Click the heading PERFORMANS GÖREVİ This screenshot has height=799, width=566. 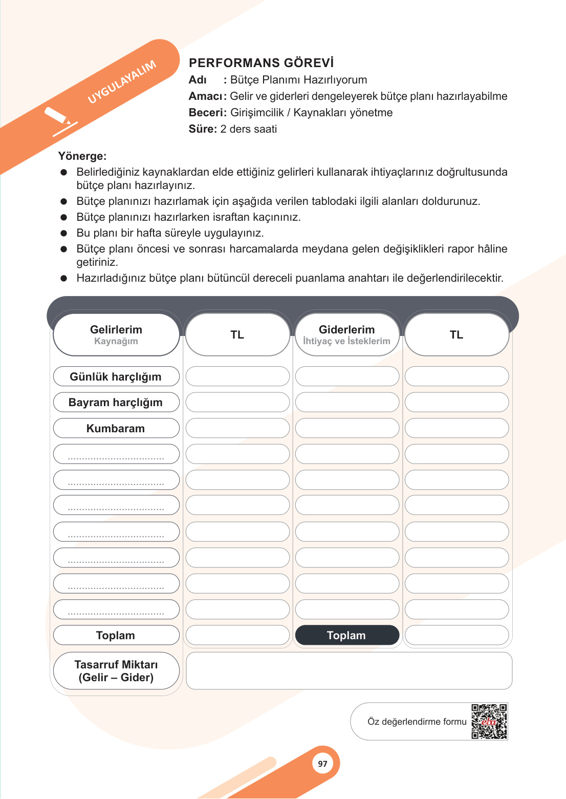coord(261,63)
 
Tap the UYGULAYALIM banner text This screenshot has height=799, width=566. coord(122,82)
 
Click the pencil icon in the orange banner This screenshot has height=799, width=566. coord(59,119)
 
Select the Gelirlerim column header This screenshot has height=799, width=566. coord(116,334)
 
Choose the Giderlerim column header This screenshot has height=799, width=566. coord(346,334)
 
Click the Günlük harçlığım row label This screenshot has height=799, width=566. coord(116,376)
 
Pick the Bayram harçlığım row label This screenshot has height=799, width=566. coord(116,402)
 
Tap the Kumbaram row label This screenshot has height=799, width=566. coord(116,428)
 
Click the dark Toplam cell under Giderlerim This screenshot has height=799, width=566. coord(346,635)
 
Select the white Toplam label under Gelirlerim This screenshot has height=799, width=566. coord(116,635)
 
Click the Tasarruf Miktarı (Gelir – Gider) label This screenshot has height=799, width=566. coord(116,670)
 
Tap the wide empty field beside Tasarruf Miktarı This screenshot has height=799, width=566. coord(349,670)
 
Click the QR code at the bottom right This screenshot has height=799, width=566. coord(489,721)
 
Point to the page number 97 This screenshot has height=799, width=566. coord(322,764)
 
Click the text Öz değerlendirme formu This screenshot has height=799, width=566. coord(417,722)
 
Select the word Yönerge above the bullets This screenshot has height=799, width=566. coord(82,156)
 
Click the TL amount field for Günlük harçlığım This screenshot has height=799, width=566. coord(237,376)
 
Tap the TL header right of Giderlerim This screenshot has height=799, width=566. coord(456,334)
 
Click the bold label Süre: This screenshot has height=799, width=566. coord(203,129)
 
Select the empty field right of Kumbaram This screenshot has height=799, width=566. coord(237,428)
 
